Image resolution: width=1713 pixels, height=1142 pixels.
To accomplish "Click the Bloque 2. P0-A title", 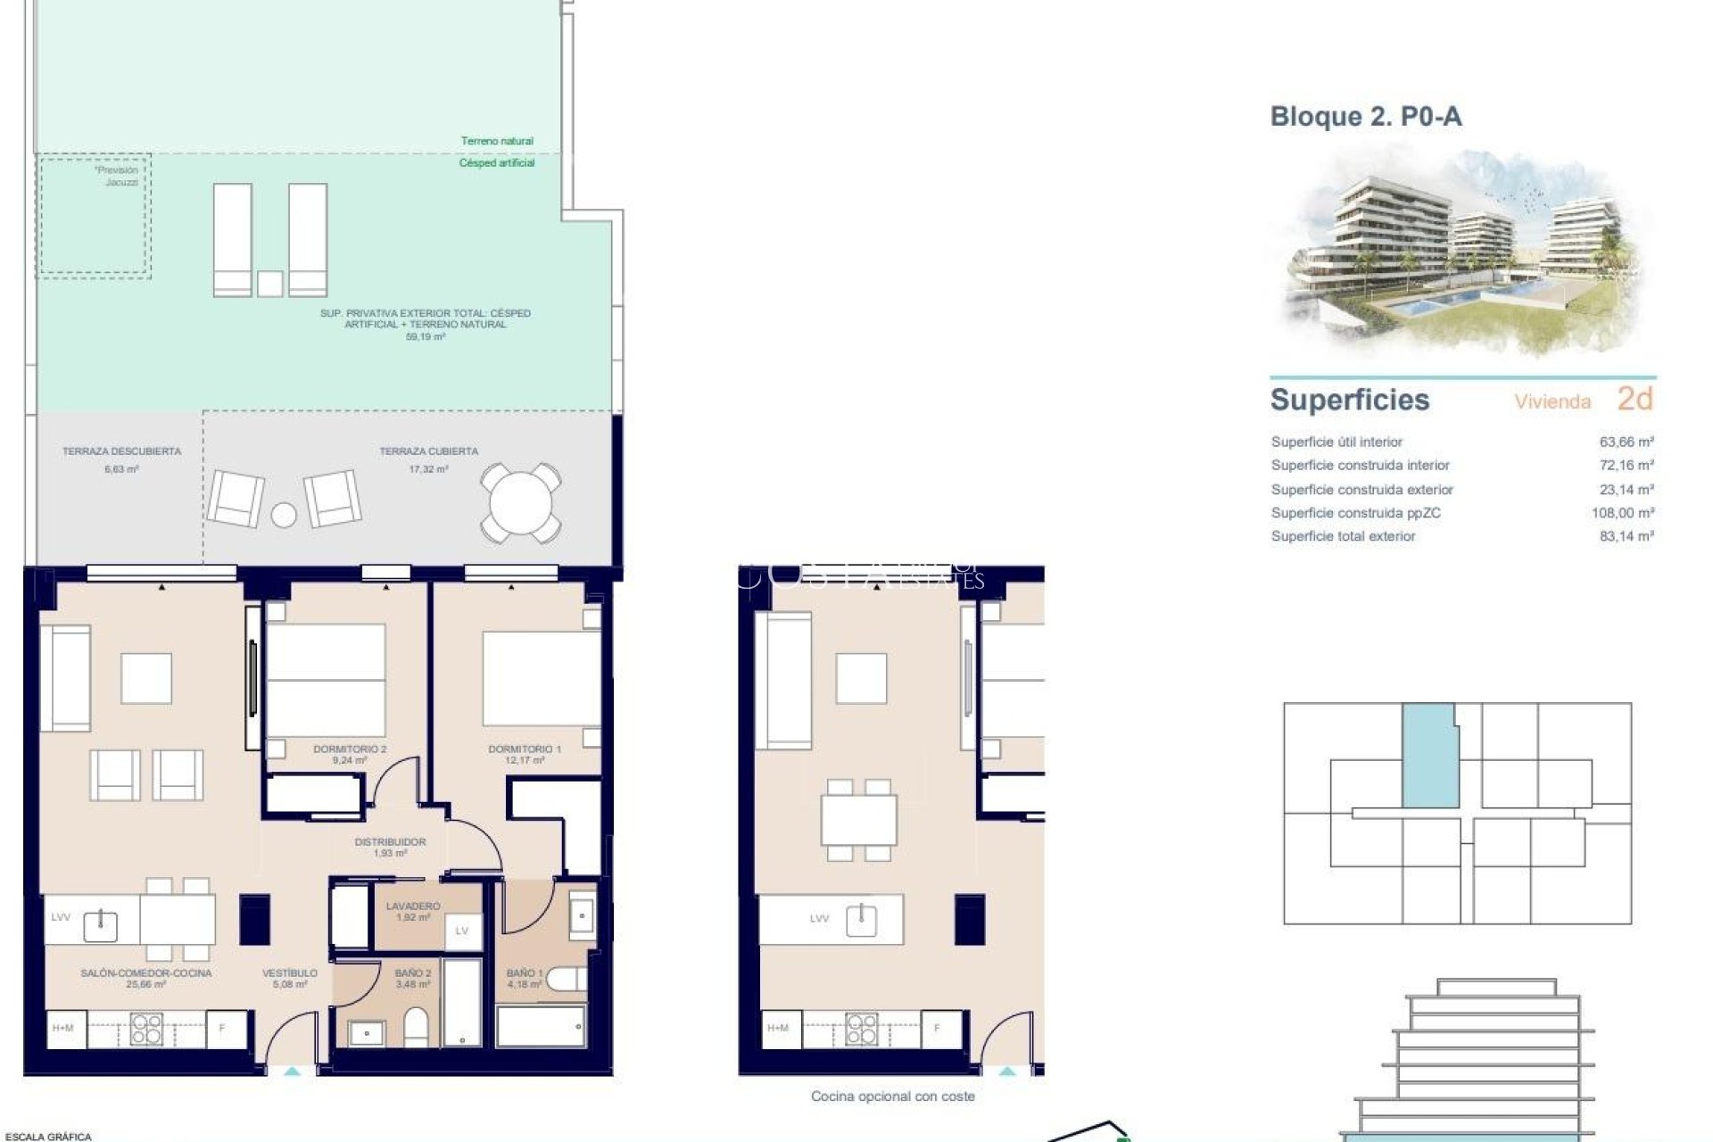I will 1365,117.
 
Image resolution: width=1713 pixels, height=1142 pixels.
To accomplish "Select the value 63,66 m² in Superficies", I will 1626,442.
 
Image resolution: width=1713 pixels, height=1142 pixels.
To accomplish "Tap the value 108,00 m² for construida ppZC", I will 1622,513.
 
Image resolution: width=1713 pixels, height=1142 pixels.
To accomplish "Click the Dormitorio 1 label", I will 525,749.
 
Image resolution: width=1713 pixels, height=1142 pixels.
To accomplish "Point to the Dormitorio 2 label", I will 350,749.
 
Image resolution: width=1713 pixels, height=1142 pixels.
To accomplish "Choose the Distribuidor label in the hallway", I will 390,842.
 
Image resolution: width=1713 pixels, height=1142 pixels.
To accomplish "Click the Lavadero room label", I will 413,906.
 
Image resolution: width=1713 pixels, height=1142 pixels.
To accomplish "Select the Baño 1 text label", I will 524,973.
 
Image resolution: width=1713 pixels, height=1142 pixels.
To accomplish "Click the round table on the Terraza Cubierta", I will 521,503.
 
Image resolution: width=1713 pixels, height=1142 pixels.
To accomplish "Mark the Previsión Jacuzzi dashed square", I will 93,216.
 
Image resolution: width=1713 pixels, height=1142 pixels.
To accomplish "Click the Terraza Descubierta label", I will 121,451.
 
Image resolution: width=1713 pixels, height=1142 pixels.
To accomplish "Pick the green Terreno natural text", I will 497,141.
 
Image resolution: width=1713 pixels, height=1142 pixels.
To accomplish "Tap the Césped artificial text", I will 497,163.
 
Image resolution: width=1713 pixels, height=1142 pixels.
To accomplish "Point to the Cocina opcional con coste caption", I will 892,1096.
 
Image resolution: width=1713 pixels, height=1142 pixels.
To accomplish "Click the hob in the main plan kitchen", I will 146,1029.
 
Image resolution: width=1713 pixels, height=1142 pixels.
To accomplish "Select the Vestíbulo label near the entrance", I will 290,973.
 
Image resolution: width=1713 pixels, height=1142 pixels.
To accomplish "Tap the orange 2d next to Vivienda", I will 1634,399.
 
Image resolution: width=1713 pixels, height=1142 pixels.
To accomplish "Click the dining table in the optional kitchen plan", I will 858,819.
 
